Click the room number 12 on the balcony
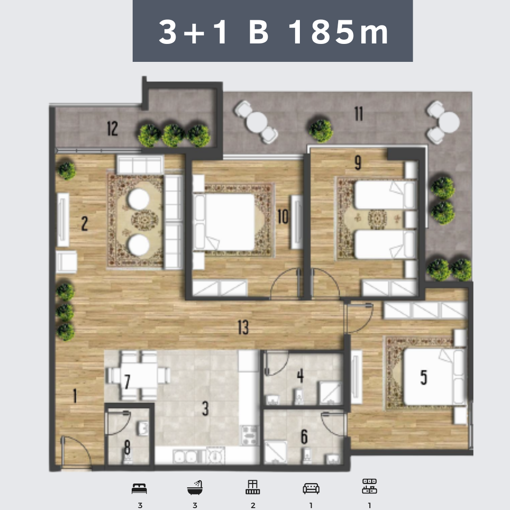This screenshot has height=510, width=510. click(112, 128)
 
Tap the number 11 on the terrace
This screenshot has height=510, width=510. click(358, 114)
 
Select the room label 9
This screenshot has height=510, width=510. click(358, 162)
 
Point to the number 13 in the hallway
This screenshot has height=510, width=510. click(243, 327)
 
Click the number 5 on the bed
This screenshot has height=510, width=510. click(424, 377)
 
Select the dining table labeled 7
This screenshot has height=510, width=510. click(138, 375)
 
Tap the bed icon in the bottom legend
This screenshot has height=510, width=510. click(139, 489)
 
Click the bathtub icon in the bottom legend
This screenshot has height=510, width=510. click(195, 487)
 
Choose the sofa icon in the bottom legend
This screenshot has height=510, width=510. click(311, 488)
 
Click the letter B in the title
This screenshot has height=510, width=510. click(259, 32)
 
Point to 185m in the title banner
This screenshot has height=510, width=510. click(338, 32)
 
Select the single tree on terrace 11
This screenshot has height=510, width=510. click(321, 130)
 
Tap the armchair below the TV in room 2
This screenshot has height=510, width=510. click(67, 262)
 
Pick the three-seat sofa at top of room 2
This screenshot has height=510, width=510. click(140, 165)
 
